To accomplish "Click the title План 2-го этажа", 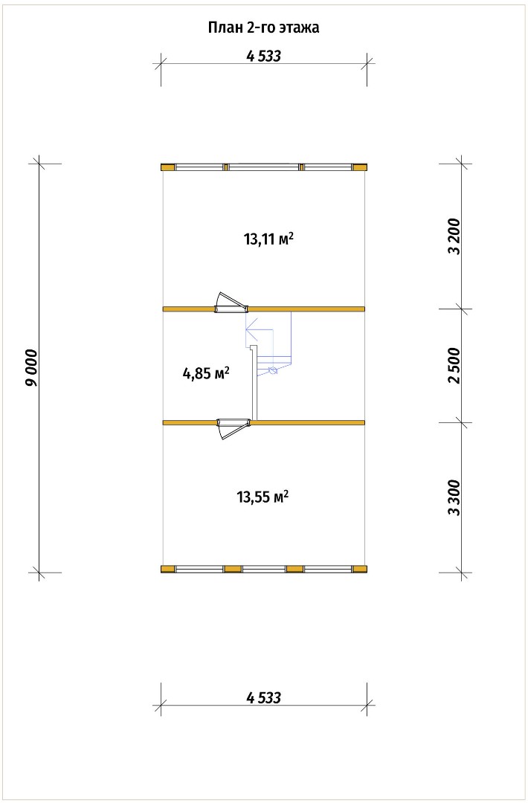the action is [263, 28].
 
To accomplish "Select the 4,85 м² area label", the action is [205, 373].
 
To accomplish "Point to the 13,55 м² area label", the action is [263, 497].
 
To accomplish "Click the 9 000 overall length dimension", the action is [32, 368].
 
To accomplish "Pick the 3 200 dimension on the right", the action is [454, 236].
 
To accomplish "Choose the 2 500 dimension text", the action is [454, 365].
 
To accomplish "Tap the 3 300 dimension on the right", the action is [454, 497].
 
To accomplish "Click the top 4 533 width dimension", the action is [264, 56].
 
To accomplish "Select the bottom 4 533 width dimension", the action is [264, 697].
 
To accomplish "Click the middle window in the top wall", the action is [263, 167].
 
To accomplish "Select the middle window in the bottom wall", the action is [264, 569].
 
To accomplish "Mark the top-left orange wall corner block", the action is [167, 167].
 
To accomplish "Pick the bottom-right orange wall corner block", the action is [360, 569].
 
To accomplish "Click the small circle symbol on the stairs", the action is [272, 370].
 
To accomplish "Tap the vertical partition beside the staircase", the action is [254, 383].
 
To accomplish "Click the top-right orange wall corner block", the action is [360, 167].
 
